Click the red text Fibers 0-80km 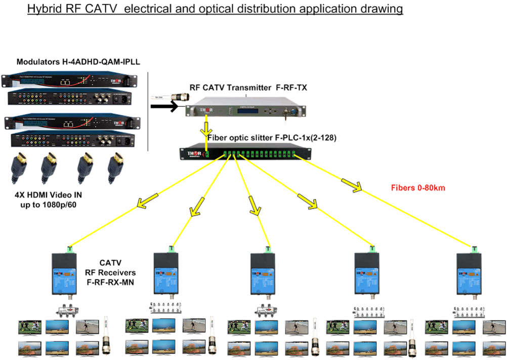tap(417, 188)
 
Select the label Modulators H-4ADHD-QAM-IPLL tap(78, 62)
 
